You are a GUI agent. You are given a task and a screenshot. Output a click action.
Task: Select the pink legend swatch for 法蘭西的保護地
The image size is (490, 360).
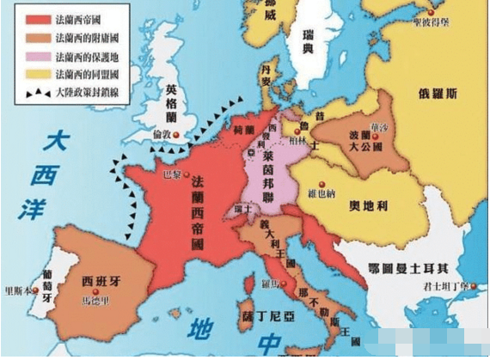click(34, 55)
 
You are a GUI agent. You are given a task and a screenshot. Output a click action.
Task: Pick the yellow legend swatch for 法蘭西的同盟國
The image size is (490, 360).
click(34, 75)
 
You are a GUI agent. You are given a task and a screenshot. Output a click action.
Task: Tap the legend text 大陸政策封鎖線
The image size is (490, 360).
click(90, 94)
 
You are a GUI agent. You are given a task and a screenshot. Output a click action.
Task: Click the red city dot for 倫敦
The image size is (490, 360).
click(175, 135)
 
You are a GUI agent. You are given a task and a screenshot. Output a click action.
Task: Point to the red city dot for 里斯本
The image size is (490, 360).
click(35, 290)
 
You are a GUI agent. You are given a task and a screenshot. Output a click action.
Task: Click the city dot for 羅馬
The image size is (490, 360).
click(275, 280)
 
